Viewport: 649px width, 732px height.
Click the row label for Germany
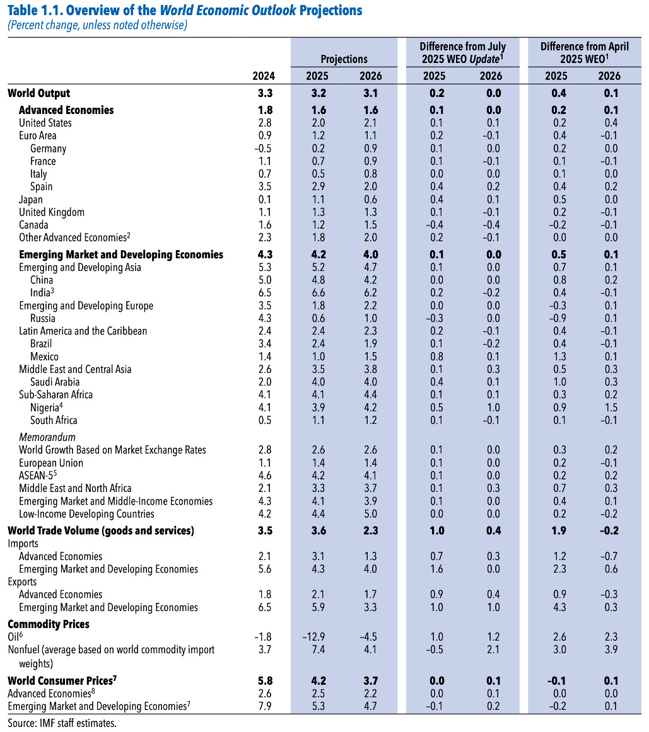pos(48,149)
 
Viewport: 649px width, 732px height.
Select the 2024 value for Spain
pos(265,186)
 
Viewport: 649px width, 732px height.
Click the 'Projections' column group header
pos(344,59)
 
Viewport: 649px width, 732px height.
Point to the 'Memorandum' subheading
pos(47,437)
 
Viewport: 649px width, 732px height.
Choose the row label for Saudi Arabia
pos(55,382)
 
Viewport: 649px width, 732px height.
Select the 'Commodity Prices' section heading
pos(49,624)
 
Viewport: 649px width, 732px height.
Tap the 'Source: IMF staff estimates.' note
pos(62,723)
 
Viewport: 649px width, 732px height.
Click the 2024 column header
pos(264,76)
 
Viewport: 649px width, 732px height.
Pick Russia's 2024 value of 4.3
pos(265,318)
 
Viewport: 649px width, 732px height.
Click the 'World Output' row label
pos(39,93)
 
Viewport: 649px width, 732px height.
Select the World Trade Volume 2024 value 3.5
pos(265,530)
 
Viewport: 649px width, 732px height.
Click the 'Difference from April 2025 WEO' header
pos(580,52)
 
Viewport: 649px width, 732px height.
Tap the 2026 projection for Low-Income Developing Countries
pos(371,514)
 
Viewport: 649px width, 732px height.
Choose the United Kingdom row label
pos(52,212)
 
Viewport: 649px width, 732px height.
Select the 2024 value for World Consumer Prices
pos(265,681)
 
